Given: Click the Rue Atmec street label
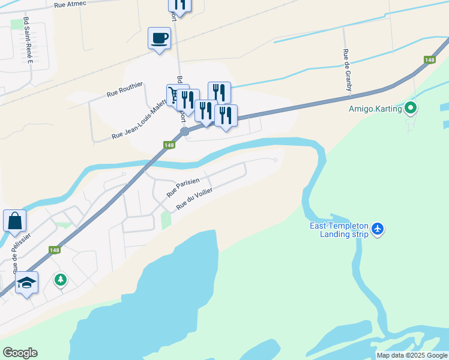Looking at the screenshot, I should (70, 4).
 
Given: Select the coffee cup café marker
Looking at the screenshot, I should (159, 39).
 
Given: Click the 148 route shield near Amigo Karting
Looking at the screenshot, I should (429, 59).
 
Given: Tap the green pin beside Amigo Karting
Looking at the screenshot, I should (411, 109).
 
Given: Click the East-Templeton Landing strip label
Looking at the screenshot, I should (339, 230).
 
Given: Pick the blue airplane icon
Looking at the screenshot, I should (378, 229).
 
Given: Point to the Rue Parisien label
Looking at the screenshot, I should (183, 187).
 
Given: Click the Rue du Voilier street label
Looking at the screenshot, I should (194, 199).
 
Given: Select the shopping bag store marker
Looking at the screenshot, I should (14, 220).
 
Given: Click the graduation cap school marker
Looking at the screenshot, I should (26, 282).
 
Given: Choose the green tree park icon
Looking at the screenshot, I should (60, 280).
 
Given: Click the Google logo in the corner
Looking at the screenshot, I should (20, 353).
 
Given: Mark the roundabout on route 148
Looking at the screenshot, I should (185, 131).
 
